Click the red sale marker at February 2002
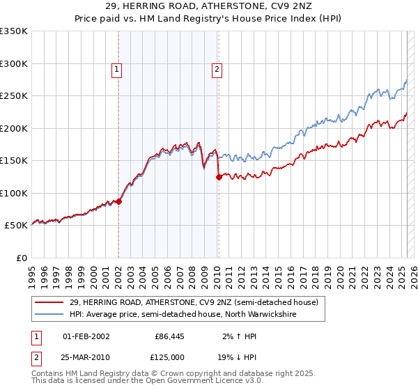pos(118,201)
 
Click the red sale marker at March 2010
pos(219,177)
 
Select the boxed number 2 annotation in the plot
pos(217,69)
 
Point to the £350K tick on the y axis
pos(14,31)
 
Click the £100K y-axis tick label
pos(14,193)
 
